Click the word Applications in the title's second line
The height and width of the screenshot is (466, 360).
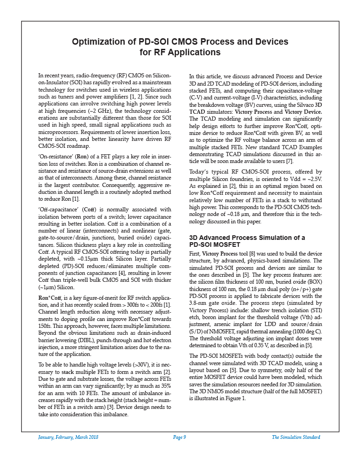tap(195, 52)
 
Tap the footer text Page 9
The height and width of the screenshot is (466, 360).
tap(180, 437)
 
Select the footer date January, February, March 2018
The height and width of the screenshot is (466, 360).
tap(68, 437)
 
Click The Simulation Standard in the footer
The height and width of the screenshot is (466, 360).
tap(296, 437)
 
